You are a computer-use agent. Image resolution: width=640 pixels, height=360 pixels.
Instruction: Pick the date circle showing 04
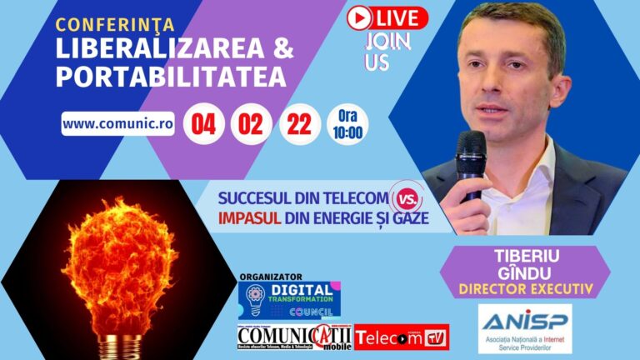pos(204,123)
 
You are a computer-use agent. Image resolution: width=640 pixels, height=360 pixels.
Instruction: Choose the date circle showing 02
pos(252,123)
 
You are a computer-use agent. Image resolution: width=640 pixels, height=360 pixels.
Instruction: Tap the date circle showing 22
pos(298,123)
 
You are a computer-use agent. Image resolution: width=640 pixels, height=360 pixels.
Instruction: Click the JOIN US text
pos(377,52)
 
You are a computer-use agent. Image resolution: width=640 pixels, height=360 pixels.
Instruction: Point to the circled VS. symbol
pos(407,199)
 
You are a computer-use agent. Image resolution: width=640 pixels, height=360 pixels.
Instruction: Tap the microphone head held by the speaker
pos(471,146)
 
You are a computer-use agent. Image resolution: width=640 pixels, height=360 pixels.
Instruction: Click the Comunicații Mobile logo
pos(293,337)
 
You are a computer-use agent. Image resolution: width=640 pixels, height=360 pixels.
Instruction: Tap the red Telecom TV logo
pos(402,337)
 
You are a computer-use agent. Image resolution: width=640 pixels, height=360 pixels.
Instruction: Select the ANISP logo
pos(524,328)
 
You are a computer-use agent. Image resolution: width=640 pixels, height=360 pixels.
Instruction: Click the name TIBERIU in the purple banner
pos(524,257)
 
